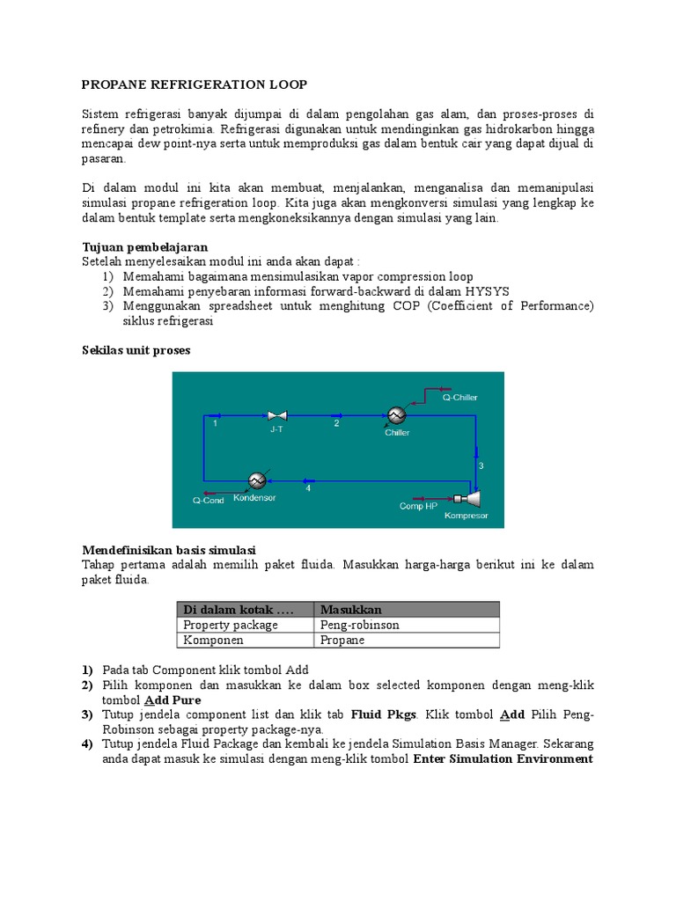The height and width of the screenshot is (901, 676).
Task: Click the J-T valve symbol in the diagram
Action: tap(276, 415)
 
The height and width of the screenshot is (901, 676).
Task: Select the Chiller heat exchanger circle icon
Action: tap(396, 415)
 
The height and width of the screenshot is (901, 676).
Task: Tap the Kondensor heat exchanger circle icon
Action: tap(257, 480)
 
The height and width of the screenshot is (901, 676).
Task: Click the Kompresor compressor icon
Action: tap(476, 499)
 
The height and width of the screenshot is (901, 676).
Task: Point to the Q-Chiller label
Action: tap(460, 397)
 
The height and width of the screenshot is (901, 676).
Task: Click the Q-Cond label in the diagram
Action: tap(209, 501)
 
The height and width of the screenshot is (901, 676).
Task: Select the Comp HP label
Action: tap(418, 506)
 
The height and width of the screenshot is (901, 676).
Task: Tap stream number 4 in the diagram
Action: tap(308, 489)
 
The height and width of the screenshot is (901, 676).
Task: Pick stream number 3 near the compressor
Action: tap(481, 465)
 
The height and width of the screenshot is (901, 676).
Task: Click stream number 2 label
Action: tap(336, 423)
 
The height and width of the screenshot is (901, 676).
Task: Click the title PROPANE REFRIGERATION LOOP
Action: tap(195, 84)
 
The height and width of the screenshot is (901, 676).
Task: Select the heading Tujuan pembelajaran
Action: tap(144, 247)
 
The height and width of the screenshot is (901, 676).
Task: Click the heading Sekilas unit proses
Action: tap(136, 350)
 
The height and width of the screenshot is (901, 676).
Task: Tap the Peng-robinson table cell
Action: tap(360, 625)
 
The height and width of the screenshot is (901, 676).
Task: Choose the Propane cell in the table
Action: tap(342, 641)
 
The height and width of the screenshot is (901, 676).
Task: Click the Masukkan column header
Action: tap(350, 610)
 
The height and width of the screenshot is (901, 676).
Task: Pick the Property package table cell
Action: tap(231, 625)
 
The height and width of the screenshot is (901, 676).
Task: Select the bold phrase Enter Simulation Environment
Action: tap(503, 759)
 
